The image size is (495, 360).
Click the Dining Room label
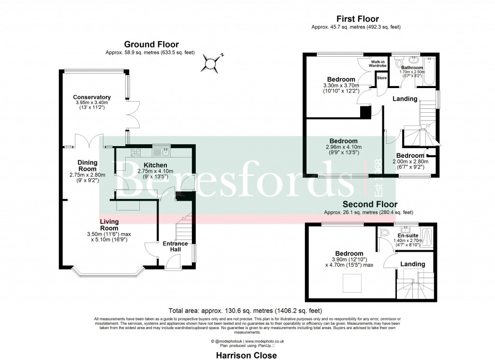(x=88, y=165)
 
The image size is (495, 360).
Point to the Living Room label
(x=109, y=225)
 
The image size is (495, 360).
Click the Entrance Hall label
(x=175, y=246)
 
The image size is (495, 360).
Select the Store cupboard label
(x=382, y=78)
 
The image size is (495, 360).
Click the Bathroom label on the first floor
(x=412, y=68)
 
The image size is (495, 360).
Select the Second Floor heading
(x=370, y=204)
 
